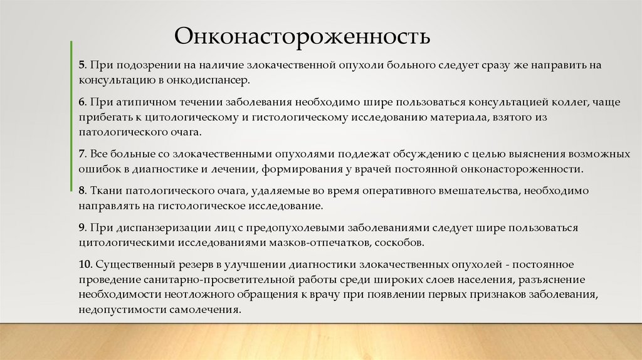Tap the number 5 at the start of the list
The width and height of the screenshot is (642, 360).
[x=82, y=66]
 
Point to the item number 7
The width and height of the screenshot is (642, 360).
[x=82, y=154]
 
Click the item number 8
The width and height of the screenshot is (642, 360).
[x=82, y=190]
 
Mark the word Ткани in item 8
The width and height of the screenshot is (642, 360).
[x=105, y=190]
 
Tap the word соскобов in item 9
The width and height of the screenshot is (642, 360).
[x=401, y=242]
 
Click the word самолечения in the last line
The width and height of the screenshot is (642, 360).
[x=209, y=310]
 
